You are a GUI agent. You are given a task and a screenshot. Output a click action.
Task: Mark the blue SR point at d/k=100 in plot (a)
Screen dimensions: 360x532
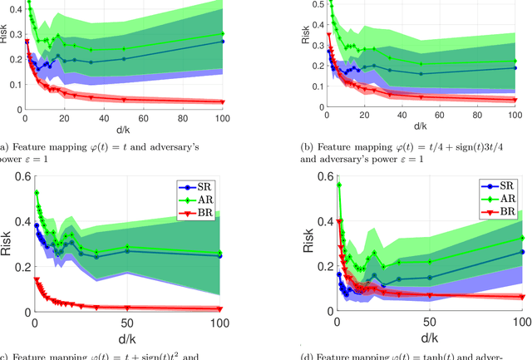click(222, 41)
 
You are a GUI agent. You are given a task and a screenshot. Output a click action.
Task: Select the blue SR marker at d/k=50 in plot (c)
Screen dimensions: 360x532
click(127, 250)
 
